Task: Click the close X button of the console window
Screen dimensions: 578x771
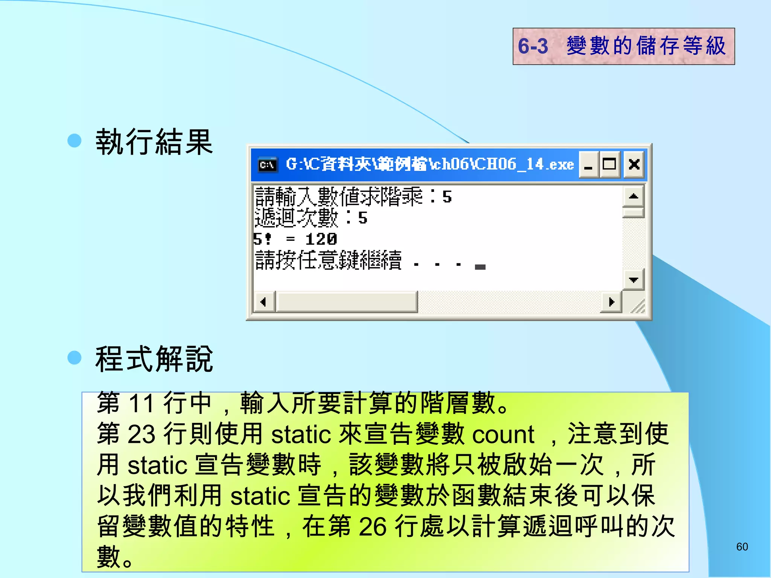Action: pyautogui.click(x=634, y=164)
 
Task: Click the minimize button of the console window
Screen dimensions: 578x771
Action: pyautogui.click(x=588, y=164)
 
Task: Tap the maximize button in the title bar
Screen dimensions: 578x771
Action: pyautogui.click(x=609, y=164)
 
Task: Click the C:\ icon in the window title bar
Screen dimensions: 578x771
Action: pyautogui.click(x=268, y=165)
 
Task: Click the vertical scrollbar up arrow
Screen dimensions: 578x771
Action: pyautogui.click(x=634, y=196)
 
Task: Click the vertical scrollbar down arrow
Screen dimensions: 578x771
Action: pyautogui.click(x=634, y=280)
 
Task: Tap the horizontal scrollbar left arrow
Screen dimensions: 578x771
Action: pyautogui.click(x=263, y=302)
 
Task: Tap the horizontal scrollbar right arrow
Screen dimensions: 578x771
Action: pyautogui.click(x=611, y=302)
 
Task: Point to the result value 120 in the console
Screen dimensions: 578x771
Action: pyautogui.click(x=321, y=239)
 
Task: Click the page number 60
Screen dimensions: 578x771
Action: pyautogui.click(x=742, y=547)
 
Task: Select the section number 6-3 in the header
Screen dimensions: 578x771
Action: pyautogui.click(x=533, y=46)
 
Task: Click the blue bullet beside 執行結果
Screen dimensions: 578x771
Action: pyautogui.click(x=75, y=140)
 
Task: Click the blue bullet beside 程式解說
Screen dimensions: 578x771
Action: pyautogui.click(x=75, y=357)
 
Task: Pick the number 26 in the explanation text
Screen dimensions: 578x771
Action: pyautogui.click(x=373, y=526)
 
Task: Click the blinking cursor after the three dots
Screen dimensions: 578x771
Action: pyautogui.click(x=480, y=267)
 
